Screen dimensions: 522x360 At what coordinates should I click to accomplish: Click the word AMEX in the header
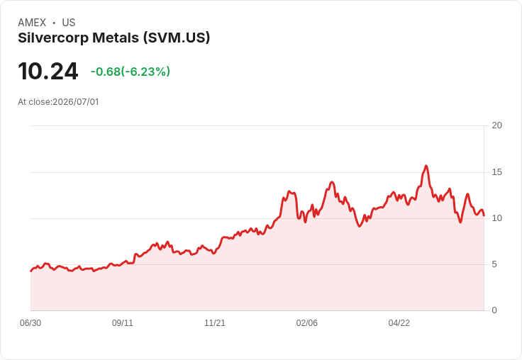coord(32,23)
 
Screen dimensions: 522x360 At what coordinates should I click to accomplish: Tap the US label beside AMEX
coord(69,23)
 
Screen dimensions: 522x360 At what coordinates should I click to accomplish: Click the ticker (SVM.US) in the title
coord(177,38)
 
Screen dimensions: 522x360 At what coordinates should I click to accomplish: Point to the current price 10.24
coord(48,72)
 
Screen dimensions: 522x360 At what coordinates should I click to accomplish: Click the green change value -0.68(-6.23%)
coord(130,72)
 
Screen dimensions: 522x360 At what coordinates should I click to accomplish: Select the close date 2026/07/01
coord(76,102)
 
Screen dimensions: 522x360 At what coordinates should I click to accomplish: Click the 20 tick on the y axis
coord(496,125)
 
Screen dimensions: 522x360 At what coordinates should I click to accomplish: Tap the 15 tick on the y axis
coord(496,172)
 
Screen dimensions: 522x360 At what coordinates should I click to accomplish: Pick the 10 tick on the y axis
coord(496,218)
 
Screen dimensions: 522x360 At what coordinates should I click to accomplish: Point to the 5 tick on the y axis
coord(494,264)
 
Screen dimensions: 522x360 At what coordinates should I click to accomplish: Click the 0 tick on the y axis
coord(494,310)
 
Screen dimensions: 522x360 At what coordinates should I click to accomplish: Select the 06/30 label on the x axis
coord(30,323)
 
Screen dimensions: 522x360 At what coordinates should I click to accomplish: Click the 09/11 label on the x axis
coord(123,323)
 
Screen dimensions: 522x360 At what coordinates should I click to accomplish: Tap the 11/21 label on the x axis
coord(215,323)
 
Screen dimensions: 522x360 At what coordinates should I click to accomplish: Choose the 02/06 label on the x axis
coord(307,323)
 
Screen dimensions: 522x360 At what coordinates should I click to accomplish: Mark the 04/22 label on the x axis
coord(399,323)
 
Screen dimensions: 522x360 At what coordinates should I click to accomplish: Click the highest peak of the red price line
coord(426,166)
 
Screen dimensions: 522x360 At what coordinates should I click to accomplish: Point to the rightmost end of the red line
coord(484,215)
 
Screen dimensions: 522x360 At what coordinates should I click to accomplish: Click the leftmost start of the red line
coord(31,271)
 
